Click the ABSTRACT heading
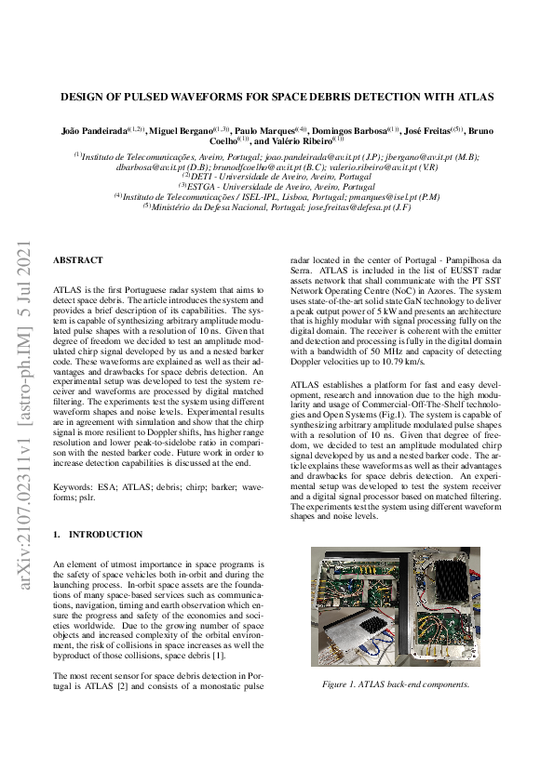(78, 260)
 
